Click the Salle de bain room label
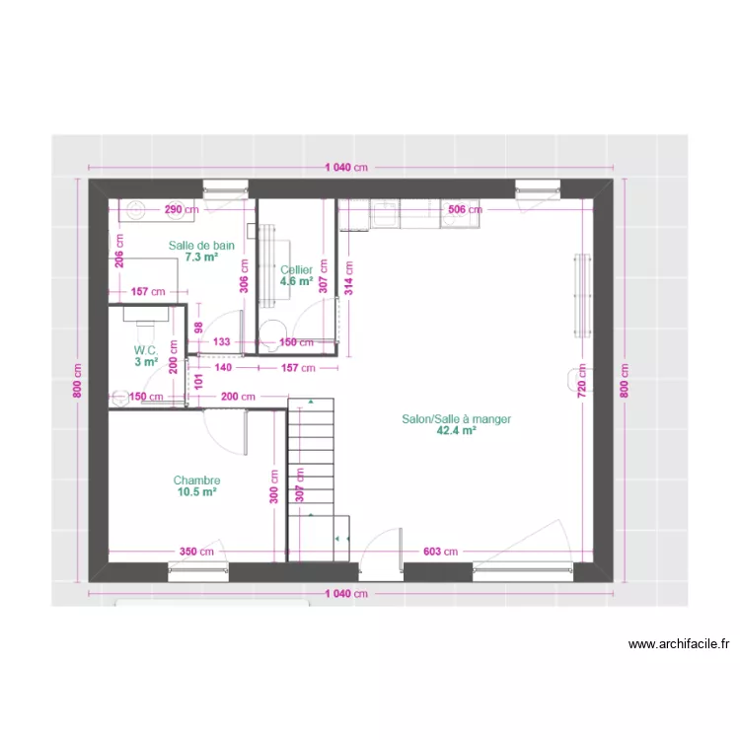[201, 245]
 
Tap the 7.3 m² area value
[200, 257]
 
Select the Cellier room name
[296, 269]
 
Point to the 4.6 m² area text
[296, 281]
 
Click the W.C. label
[146, 350]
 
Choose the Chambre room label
[196, 481]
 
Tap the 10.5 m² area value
[196, 491]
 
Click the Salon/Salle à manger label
[456, 418]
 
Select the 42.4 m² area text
[456, 430]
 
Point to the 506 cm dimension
[465, 209]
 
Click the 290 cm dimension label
[181, 209]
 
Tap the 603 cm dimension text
[440, 552]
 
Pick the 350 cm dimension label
[196, 552]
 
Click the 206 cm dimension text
[118, 253]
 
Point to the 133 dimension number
[222, 342]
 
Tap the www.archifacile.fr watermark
[679, 644]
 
